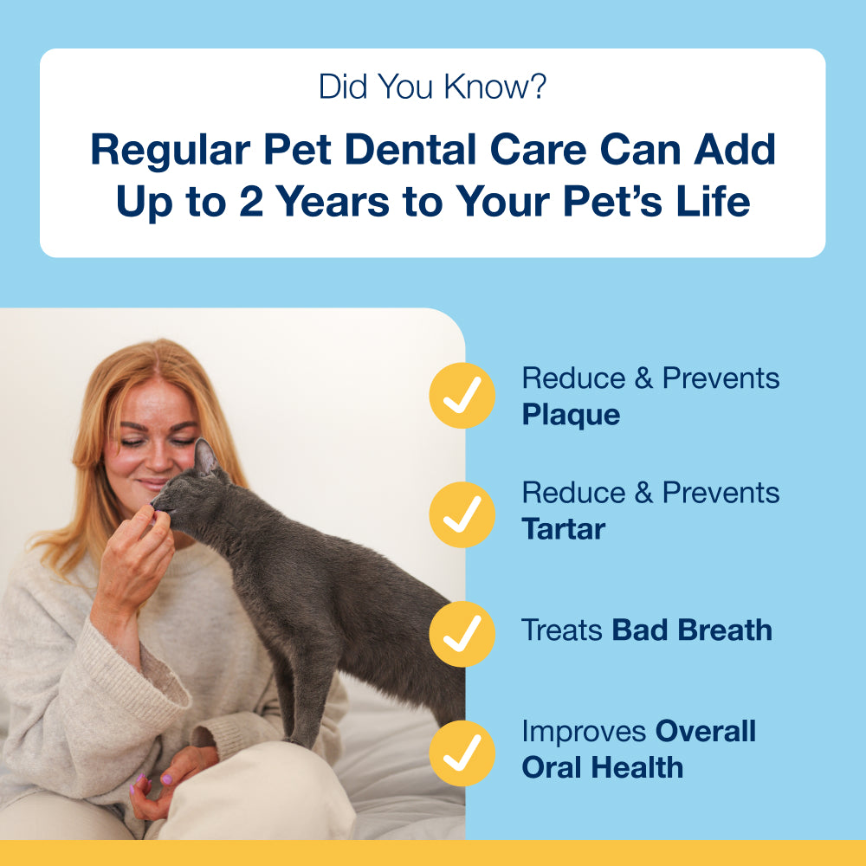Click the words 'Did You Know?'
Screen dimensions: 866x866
(x=432, y=87)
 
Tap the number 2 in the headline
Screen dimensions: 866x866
(x=251, y=201)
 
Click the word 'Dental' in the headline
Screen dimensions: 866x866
(x=410, y=149)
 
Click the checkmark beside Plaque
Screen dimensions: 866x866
(x=462, y=395)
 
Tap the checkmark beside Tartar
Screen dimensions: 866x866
(x=462, y=514)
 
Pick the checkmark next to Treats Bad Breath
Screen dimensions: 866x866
(x=462, y=634)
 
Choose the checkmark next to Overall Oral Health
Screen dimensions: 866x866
(x=462, y=753)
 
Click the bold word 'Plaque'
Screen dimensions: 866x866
(x=571, y=416)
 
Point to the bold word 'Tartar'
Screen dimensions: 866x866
(x=564, y=529)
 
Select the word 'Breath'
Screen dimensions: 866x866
(x=725, y=630)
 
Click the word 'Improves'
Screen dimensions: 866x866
(x=584, y=733)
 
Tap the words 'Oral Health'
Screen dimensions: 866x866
(x=603, y=767)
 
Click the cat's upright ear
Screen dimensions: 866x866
(x=205, y=456)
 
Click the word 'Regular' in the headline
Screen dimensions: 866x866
(x=170, y=150)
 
